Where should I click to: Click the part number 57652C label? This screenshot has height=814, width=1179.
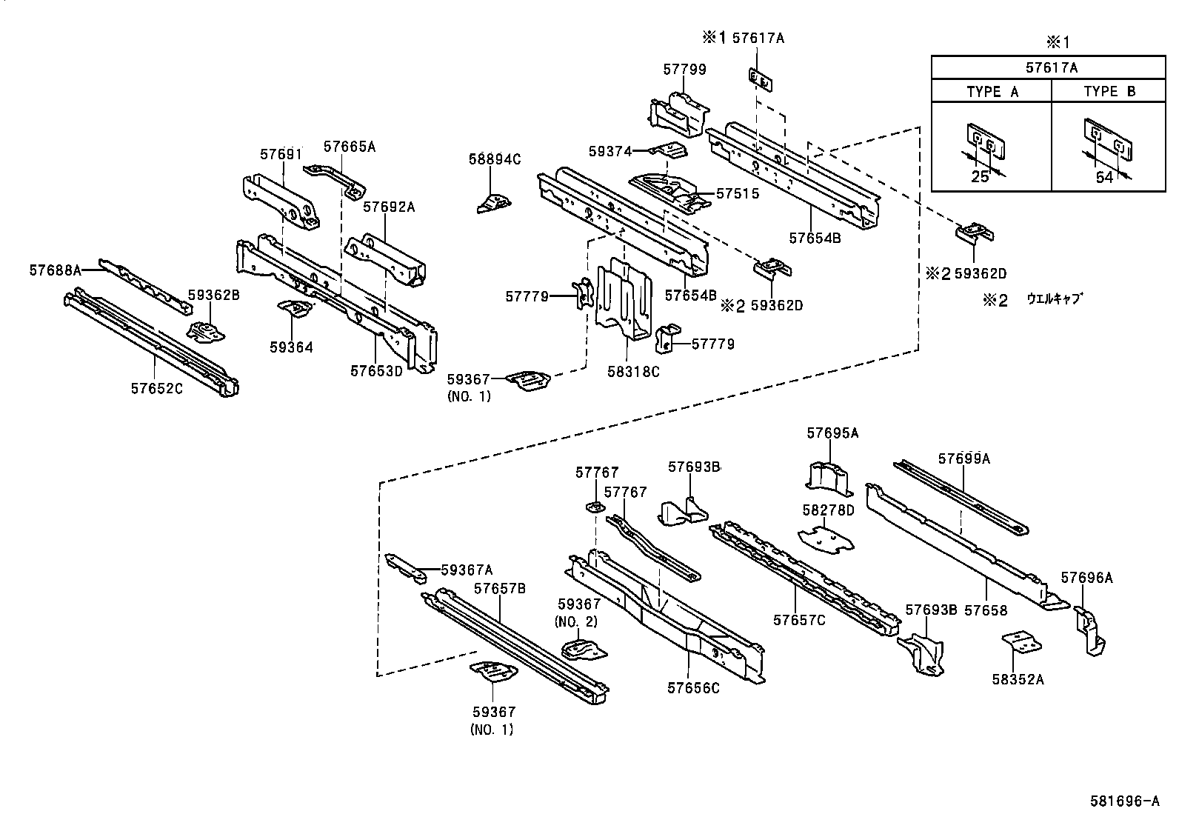(156, 387)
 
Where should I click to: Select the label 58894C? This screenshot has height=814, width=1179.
(495, 159)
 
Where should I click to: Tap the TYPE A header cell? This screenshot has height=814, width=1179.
(992, 92)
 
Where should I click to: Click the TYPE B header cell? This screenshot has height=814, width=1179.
(1109, 92)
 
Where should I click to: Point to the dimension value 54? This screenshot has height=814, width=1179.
(1103, 178)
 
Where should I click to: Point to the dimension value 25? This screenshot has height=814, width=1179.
(980, 178)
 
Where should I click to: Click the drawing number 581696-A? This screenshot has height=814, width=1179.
(1123, 801)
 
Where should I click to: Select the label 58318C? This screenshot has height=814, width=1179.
(633, 372)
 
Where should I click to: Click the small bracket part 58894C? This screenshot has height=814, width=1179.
(492, 202)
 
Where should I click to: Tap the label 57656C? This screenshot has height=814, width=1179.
(693, 688)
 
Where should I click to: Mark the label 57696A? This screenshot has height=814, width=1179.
(1086, 578)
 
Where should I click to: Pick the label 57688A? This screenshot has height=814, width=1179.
(55, 270)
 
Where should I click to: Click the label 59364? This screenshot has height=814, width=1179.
(291, 347)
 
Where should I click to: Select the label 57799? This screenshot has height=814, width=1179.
(684, 70)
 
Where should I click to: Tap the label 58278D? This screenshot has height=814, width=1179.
(828, 510)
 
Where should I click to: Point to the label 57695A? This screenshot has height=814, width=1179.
(832, 433)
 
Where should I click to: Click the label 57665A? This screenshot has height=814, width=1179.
(350, 147)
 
